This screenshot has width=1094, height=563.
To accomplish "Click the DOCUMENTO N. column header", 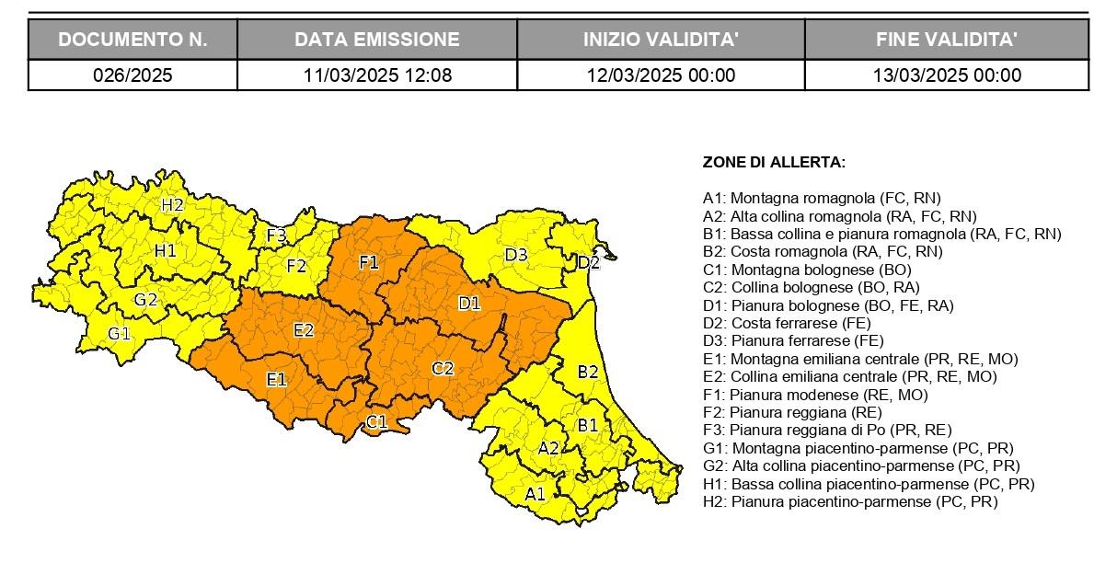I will point(132,40).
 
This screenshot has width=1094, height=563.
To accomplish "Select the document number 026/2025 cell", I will point(132,75).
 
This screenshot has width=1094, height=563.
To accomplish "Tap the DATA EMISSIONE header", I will point(377,40).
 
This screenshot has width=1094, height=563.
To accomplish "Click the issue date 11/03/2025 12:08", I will point(377,75).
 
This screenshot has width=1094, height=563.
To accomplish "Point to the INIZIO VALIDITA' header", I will point(661,40).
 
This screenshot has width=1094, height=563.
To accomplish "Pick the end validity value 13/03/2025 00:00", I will point(947,75).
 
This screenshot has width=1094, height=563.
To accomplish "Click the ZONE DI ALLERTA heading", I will point(774,163).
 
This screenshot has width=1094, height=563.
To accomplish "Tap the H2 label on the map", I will point(172,205).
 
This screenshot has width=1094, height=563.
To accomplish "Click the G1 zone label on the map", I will point(119,333).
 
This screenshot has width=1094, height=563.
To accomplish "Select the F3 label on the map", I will point(276,236).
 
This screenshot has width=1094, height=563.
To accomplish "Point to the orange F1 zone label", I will point(369,262).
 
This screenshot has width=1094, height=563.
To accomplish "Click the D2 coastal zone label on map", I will point(588,263).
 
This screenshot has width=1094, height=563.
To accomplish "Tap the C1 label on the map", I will point(376,422).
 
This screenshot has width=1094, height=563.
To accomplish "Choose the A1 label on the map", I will point(535,494).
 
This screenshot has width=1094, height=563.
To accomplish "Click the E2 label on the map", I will point(304,330).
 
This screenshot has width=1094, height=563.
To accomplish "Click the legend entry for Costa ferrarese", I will point(786,323).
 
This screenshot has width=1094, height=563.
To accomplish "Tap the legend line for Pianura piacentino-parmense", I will point(849,501).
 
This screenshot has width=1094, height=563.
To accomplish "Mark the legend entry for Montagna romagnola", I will point(822,198).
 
